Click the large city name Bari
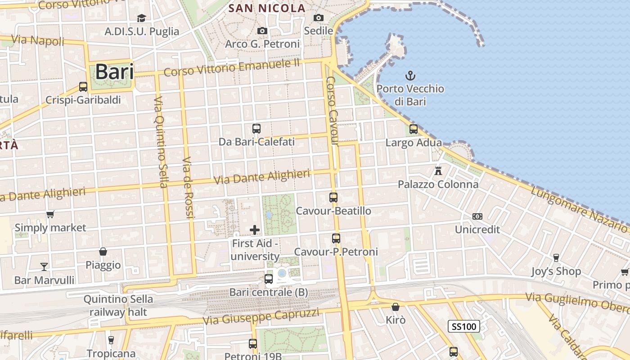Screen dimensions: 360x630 (114, 72)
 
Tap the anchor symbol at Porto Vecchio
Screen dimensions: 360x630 (410, 75)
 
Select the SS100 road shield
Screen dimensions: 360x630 (463, 326)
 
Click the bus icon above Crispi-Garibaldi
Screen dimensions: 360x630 (83, 86)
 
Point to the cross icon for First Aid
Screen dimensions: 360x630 (255, 230)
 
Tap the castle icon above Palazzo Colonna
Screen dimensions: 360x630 (438, 171)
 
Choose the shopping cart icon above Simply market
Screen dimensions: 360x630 (50, 214)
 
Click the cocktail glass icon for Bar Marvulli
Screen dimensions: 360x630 (44, 266)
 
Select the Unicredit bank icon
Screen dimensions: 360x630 (477, 216)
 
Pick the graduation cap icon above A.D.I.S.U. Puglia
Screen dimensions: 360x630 (142, 18)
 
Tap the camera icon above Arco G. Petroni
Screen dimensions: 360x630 (262, 31)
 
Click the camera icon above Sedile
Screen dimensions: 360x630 (319, 18)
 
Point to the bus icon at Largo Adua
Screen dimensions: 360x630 (414, 129)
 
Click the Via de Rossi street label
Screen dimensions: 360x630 (188, 188)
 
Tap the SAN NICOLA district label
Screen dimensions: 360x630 (267, 8)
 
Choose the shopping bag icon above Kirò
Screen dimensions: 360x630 (396, 307)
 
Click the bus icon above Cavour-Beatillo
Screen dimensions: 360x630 (333, 197)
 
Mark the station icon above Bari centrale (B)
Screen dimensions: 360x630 (269, 279)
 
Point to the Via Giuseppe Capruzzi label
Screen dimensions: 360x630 (261, 316)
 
